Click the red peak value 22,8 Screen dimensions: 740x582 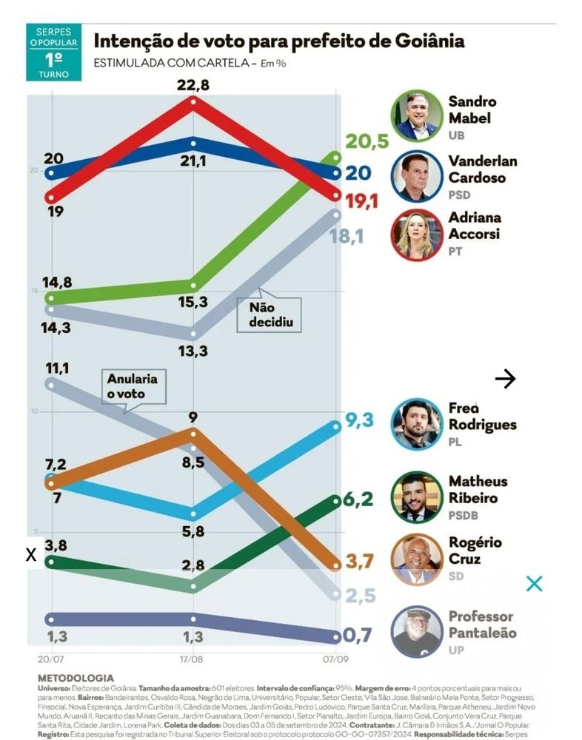click(193, 84)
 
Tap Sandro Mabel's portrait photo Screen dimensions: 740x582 click(417, 116)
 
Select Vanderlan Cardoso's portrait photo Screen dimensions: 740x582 click(417, 176)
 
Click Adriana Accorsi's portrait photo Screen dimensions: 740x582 click(417, 234)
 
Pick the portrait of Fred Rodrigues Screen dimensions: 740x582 click(417, 424)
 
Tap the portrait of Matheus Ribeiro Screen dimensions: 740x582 click(417, 497)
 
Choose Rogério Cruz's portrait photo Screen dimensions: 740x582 click(417, 559)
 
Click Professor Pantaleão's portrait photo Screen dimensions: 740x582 click(417, 631)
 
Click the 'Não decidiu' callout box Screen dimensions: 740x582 click(270, 315)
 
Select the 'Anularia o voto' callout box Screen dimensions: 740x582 click(132, 387)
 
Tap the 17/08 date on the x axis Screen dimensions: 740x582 click(193, 658)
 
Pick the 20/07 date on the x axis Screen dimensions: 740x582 click(50, 658)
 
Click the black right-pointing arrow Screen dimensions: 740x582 click(505, 379)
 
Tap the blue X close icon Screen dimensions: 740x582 click(534, 583)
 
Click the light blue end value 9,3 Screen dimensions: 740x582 click(358, 421)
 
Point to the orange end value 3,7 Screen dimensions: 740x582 click(359, 562)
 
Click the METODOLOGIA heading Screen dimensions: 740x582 click(76, 678)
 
